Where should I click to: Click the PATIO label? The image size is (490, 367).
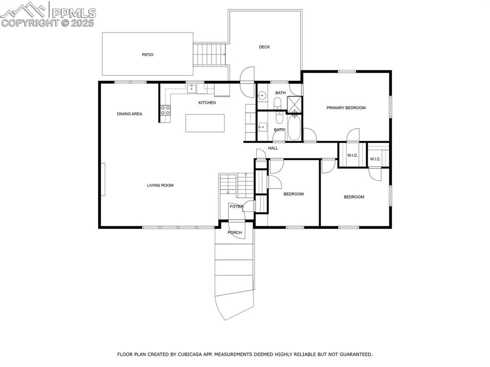[x=147, y=55]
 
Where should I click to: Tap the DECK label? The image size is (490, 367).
[x=265, y=47]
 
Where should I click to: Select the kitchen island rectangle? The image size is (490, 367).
[x=205, y=123]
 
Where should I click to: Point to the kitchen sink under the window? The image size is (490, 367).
[x=191, y=89]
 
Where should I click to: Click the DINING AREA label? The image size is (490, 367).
[x=130, y=114]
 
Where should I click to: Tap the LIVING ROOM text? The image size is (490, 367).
[x=160, y=185]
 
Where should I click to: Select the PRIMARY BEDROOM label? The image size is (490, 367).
[x=346, y=108]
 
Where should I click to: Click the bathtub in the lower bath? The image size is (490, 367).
[x=294, y=127]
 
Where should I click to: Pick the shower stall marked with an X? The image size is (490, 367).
[x=294, y=103]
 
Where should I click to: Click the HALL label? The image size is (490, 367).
[x=273, y=148]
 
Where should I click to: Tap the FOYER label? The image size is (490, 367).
[x=236, y=207]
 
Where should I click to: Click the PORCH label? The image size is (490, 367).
[x=234, y=233]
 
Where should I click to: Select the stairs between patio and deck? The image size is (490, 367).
[x=210, y=54]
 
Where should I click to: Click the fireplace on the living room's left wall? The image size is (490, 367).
[x=103, y=179]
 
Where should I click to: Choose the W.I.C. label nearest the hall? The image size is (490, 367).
[x=353, y=155]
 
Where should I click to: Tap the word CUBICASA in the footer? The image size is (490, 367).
[x=189, y=355]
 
